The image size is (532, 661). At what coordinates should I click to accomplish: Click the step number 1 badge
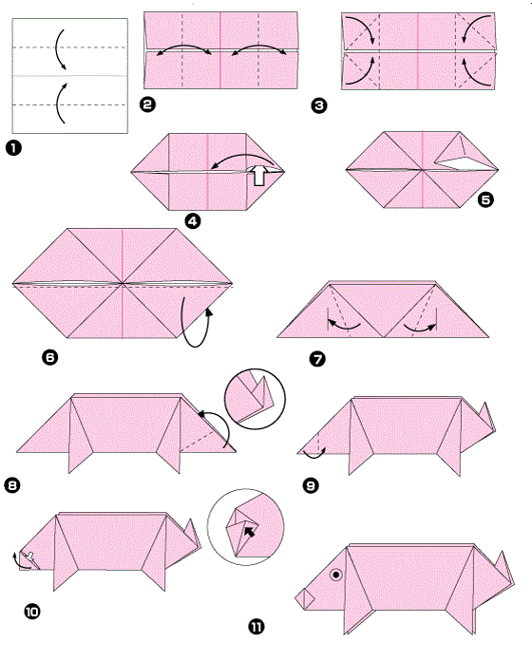click(13, 148)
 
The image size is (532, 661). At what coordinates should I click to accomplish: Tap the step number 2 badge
click(147, 104)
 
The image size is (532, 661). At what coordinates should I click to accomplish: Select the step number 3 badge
click(319, 105)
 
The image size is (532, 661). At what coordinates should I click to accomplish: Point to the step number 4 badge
click(193, 221)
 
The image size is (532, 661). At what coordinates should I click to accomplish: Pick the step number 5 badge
click(485, 199)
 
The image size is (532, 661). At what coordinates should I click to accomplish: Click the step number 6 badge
click(50, 357)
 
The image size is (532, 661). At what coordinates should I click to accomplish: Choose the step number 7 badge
click(317, 359)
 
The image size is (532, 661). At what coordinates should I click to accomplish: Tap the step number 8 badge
click(12, 485)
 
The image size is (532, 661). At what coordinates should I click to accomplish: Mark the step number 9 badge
click(311, 485)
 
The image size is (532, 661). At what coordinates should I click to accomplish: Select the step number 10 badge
click(32, 612)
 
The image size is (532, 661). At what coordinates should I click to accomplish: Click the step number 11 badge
click(256, 627)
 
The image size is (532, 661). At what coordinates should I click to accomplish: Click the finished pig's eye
click(336, 575)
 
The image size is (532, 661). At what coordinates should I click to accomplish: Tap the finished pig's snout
click(304, 598)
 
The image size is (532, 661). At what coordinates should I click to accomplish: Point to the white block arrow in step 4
click(258, 175)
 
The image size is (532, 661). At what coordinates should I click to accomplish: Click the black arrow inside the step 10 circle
click(250, 531)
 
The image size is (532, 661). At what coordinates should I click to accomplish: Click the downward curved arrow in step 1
click(60, 48)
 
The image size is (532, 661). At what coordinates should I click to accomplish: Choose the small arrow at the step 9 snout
click(314, 454)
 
